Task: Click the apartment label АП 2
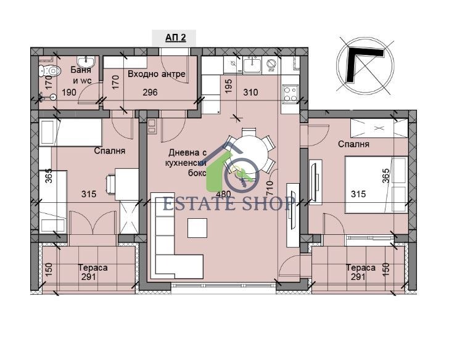click(174, 38)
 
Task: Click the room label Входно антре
click(156, 75)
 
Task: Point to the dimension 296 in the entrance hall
click(150, 92)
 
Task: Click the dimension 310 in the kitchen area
click(250, 92)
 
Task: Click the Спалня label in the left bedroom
click(110, 150)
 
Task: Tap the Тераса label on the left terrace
click(93, 268)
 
